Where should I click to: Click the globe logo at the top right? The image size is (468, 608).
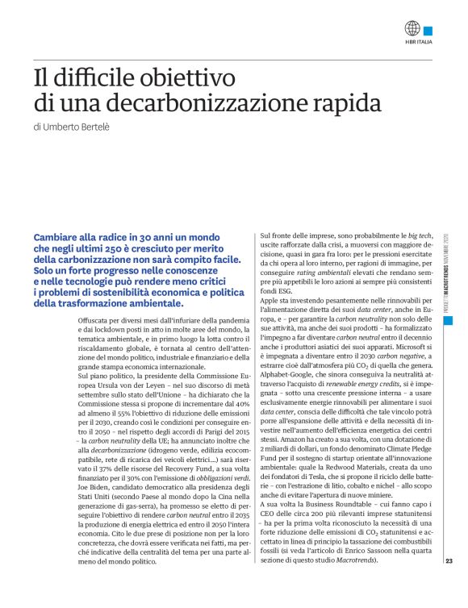[413, 27]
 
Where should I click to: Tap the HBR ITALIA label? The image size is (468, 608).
[418, 44]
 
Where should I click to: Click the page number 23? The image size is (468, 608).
[449, 585]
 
